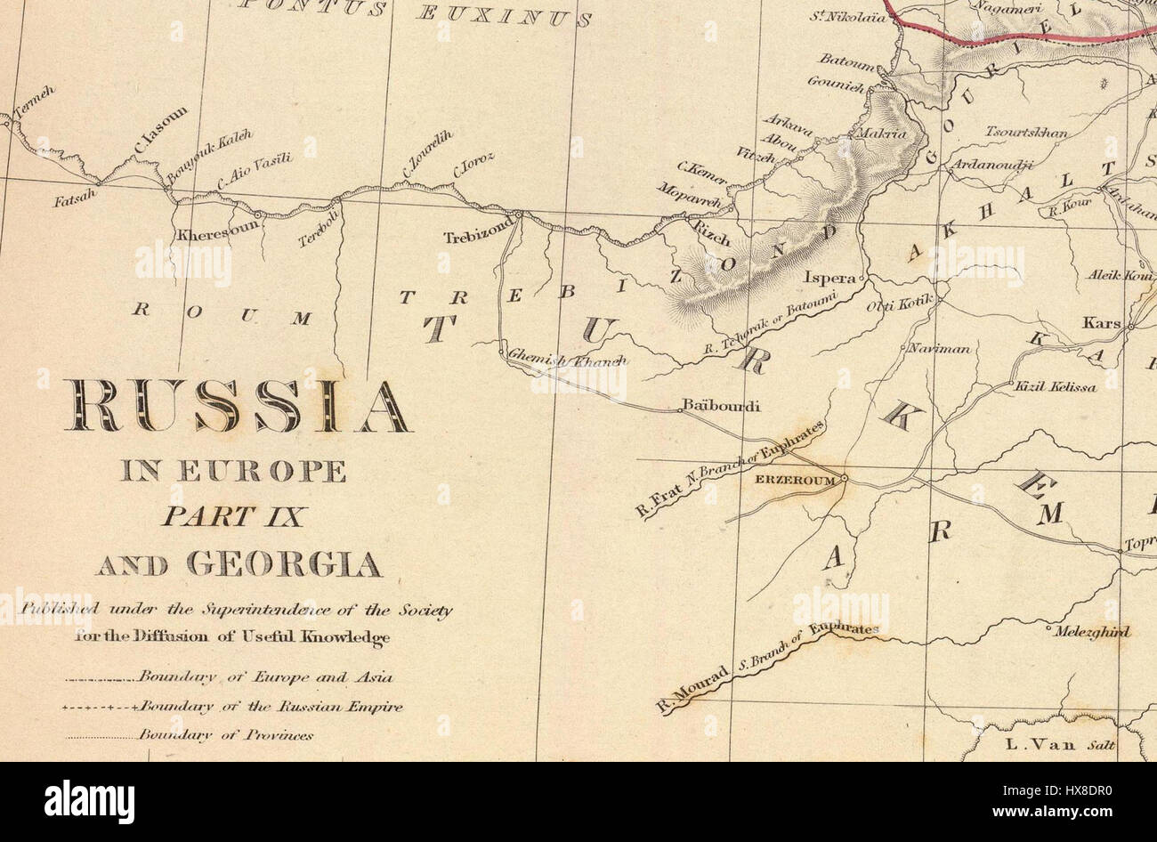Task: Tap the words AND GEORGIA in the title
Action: pos(239,564)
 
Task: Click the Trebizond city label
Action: pos(479,238)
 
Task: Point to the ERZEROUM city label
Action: pos(795,480)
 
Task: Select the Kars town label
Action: pos(1101,323)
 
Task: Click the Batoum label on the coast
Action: pos(846,66)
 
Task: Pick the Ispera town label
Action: pos(829,277)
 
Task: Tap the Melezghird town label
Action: pos(1091,632)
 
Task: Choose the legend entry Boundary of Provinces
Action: pos(225,736)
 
